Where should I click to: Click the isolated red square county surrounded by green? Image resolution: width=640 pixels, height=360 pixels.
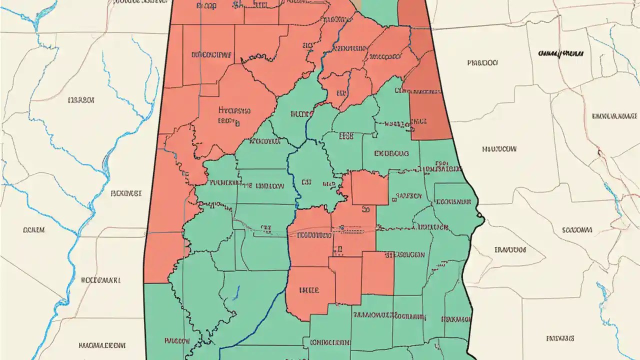tap(369, 188)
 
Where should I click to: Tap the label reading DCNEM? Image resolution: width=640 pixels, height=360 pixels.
tap(34, 230)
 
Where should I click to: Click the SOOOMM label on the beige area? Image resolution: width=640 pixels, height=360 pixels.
tap(577, 230)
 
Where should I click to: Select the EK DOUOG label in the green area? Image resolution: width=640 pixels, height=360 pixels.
tap(391, 153)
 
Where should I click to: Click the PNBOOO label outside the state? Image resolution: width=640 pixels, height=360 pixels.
tap(482, 63)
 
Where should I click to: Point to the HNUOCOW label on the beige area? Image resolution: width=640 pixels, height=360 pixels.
tap(499, 148)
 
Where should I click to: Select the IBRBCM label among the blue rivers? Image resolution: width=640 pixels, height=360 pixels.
tap(80, 100)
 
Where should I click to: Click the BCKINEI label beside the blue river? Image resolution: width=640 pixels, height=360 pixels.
tap(125, 192)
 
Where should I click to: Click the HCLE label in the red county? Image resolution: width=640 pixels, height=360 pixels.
tap(309, 289)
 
